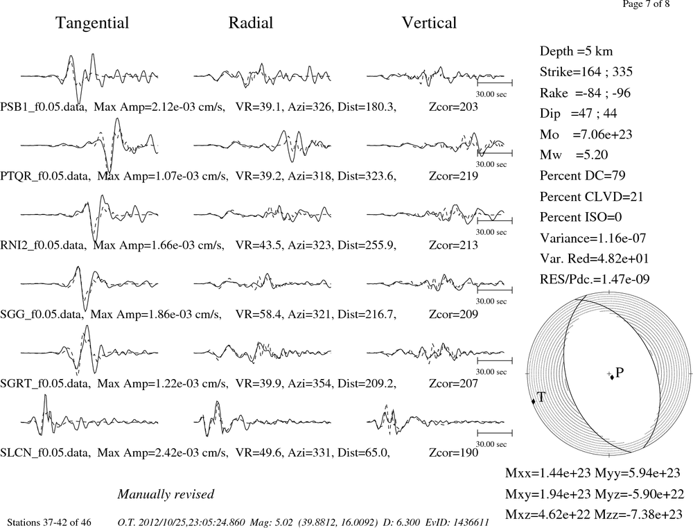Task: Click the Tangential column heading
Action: coord(92,23)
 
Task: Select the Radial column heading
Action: coord(251,23)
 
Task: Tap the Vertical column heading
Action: coord(429,23)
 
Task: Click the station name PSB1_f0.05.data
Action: coord(43,107)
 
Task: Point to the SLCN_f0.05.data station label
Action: coord(45,453)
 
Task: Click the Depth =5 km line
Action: coord(577,51)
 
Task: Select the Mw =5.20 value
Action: coord(574,155)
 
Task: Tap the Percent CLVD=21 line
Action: coord(591,197)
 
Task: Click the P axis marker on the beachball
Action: coord(612,377)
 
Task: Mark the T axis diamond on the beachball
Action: coord(533,401)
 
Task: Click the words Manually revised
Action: coord(166,494)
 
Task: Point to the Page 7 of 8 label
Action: coord(646,4)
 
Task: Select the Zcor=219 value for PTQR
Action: coord(453,176)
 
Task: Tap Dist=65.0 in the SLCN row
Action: coord(364,453)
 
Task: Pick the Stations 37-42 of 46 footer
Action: coord(49,522)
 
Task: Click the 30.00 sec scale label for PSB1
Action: coord(491,94)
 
